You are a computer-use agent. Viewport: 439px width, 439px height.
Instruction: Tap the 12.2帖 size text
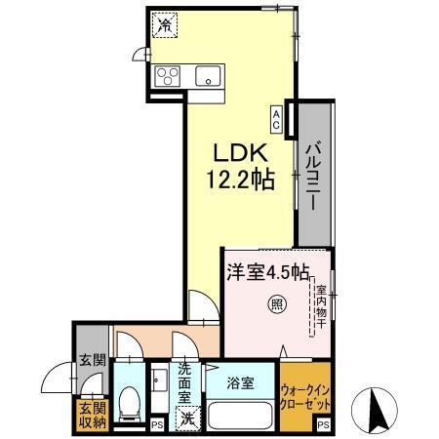click(239, 180)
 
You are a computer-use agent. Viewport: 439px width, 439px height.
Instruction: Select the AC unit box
click(278, 119)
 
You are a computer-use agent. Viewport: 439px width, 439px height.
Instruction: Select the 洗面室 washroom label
click(187, 382)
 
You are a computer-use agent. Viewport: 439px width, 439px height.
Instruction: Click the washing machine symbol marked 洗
click(185, 419)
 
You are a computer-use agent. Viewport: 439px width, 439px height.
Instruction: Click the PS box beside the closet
click(324, 424)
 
